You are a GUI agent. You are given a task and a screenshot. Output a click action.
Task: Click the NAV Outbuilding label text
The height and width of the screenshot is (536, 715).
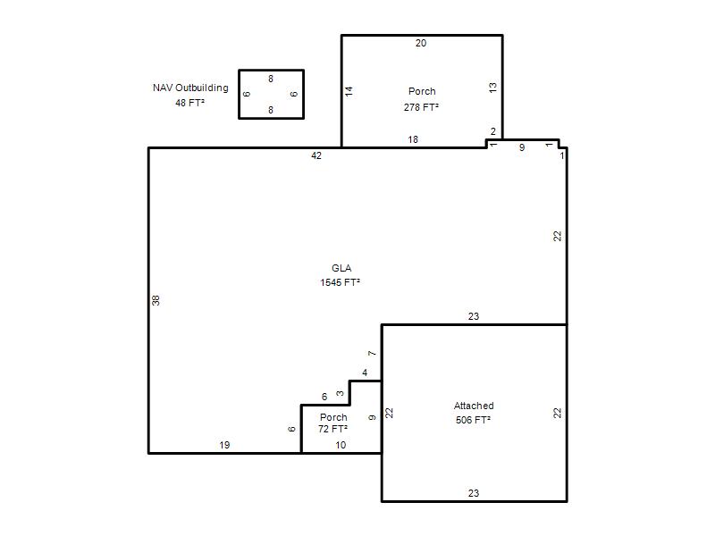[190, 88]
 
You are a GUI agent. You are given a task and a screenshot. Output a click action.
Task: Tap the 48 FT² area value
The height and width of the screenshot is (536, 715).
[189, 103]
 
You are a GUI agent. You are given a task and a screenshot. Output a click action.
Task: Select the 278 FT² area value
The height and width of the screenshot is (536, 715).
[421, 107]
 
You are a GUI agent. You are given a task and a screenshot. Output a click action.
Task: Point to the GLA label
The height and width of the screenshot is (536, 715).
[341, 268]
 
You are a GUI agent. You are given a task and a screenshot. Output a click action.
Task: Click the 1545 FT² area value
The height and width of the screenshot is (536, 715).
[341, 282]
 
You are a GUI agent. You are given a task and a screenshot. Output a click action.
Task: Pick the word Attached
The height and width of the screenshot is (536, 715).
[474, 406]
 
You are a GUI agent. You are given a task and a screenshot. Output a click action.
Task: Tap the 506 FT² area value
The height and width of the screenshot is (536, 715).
[474, 420]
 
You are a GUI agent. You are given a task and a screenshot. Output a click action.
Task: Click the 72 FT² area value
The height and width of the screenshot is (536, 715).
[332, 429]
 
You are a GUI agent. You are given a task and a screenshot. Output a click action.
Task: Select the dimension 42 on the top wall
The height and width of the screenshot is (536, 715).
[316, 155]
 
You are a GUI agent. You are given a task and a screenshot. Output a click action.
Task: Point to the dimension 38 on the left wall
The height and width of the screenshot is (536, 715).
[156, 300]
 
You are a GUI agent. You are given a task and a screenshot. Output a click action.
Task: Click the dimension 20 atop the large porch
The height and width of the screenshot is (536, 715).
[421, 43]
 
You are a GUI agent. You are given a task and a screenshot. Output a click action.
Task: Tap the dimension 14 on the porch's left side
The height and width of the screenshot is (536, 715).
[349, 91]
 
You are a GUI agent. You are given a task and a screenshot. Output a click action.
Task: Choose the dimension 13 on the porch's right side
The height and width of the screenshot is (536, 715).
[493, 88]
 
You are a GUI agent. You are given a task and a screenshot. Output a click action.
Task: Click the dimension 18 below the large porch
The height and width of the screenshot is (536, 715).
[413, 139]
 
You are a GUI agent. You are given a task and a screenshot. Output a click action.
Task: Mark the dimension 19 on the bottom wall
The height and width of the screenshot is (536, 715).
[224, 445]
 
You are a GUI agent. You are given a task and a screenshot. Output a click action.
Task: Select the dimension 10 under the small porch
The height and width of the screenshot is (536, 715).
[341, 445]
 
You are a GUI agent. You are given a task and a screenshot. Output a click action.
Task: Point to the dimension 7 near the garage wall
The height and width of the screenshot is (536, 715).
[372, 353]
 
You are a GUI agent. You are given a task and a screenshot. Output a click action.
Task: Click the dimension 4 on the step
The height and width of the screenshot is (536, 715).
[365, 373]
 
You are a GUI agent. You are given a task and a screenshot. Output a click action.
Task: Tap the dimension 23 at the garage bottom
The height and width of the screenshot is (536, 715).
[474, 493]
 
